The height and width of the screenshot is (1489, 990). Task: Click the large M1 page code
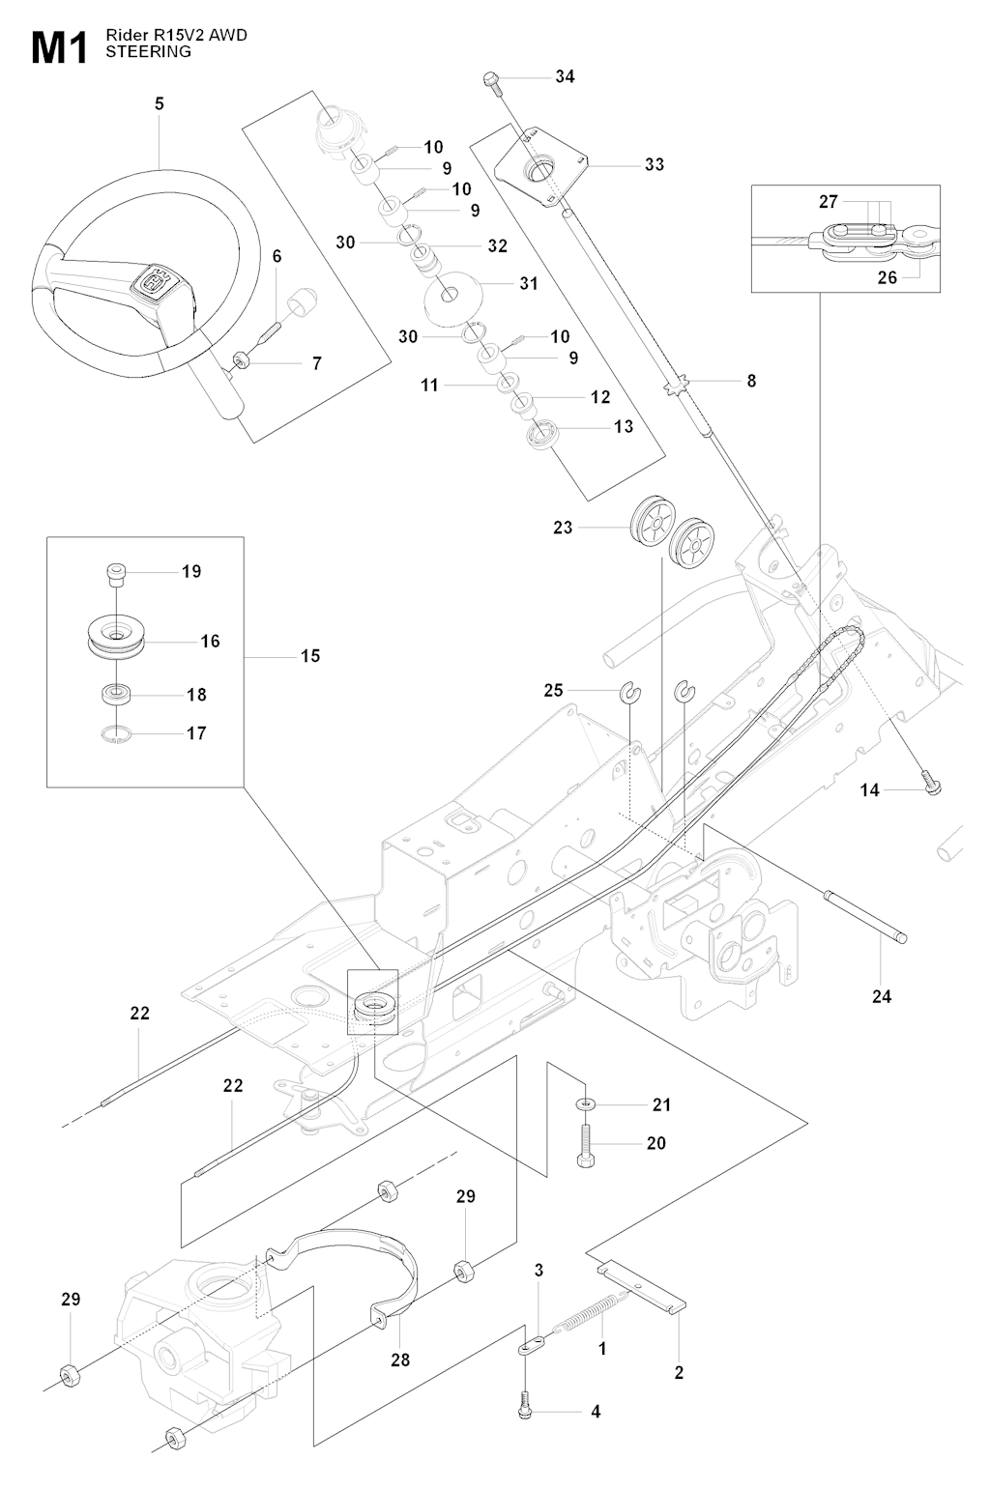(60, 48)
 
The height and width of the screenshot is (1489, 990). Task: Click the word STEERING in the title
(148, 52)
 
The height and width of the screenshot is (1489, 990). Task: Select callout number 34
(565, 76)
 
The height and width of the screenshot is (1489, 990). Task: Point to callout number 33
(655, 164)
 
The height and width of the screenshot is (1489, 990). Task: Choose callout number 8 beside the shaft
(751, 381)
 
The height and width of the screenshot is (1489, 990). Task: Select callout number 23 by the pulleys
(563, 528)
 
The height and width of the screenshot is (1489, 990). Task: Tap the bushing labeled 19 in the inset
(116, 573)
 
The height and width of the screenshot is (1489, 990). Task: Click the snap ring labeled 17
(117, 733)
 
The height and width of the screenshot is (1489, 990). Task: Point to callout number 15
(310, 655)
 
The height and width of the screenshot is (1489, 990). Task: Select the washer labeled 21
(586, 1104)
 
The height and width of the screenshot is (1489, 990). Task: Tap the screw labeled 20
(586, 1146)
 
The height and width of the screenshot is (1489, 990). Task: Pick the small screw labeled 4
(524, 1410)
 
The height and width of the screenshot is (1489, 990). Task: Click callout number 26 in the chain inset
(887, 277)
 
